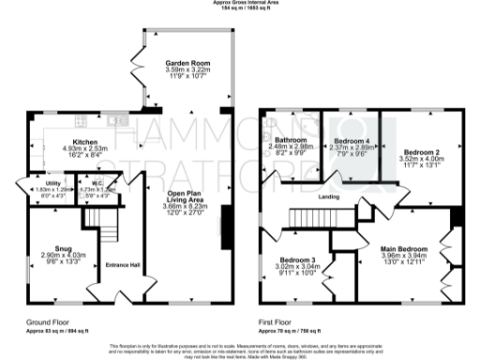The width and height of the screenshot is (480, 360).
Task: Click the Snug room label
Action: click(63, 247)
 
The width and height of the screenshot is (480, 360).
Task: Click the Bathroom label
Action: click(288, 140)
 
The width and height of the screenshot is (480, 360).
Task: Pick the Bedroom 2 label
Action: click(421, 151)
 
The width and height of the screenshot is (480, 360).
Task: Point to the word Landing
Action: click(328, 197)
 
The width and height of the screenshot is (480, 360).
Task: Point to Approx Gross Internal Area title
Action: click(241, 4)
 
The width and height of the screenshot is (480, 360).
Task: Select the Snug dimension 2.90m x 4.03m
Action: click(63, 256)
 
